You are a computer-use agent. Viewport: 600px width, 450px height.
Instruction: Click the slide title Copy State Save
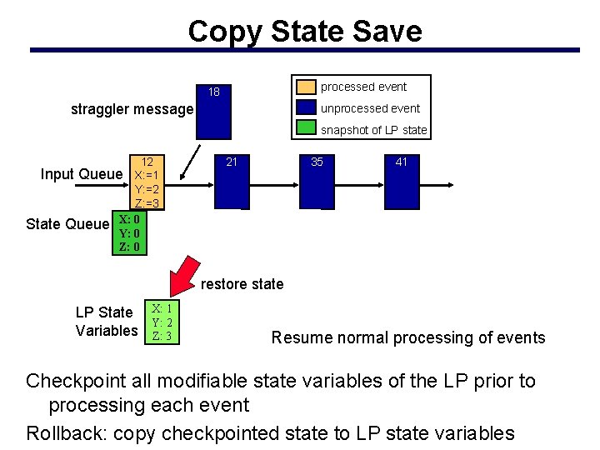(305, 32)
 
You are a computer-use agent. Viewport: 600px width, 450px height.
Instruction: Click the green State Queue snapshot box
(129, 234)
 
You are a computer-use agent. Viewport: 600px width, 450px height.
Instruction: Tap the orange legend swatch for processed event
(307, 87)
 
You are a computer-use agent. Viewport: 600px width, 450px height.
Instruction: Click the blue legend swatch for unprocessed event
(307, 108)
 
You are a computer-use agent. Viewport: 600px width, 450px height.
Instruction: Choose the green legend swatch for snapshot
(307, 129)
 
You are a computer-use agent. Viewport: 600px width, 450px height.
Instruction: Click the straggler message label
(132, 109)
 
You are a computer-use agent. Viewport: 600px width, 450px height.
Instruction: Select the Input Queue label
(82, 174)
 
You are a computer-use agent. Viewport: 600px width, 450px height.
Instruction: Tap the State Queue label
(67, 223)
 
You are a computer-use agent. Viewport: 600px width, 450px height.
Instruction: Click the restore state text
(242, 284)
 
